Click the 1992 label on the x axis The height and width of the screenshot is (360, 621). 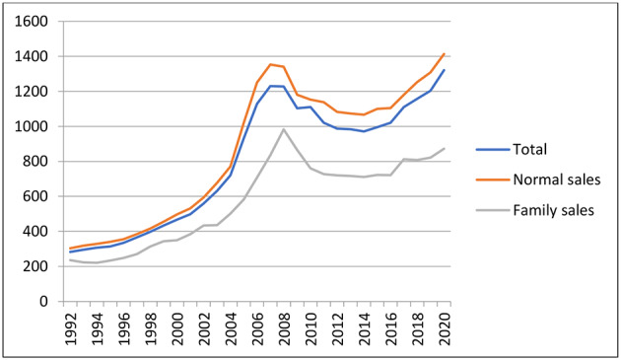[x=71, y=325]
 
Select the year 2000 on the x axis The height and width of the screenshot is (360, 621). [x=177, y=325]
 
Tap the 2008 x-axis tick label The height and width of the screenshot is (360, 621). [x=284, y=325]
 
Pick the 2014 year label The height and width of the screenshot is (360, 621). [x=364, y=325]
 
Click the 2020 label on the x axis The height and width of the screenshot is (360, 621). [x=444, y=325]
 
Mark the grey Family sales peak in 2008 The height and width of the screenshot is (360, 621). [x=284, y=129]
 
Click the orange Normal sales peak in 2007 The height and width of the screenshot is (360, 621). [x=270, y=64]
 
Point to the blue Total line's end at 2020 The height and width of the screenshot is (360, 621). [x=444, y=70]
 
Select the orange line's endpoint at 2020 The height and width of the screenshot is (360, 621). [x=444, y=53]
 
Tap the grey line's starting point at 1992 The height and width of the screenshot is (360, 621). [x=71, y=259]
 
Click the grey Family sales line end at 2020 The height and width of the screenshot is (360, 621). [x=444, y=148]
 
